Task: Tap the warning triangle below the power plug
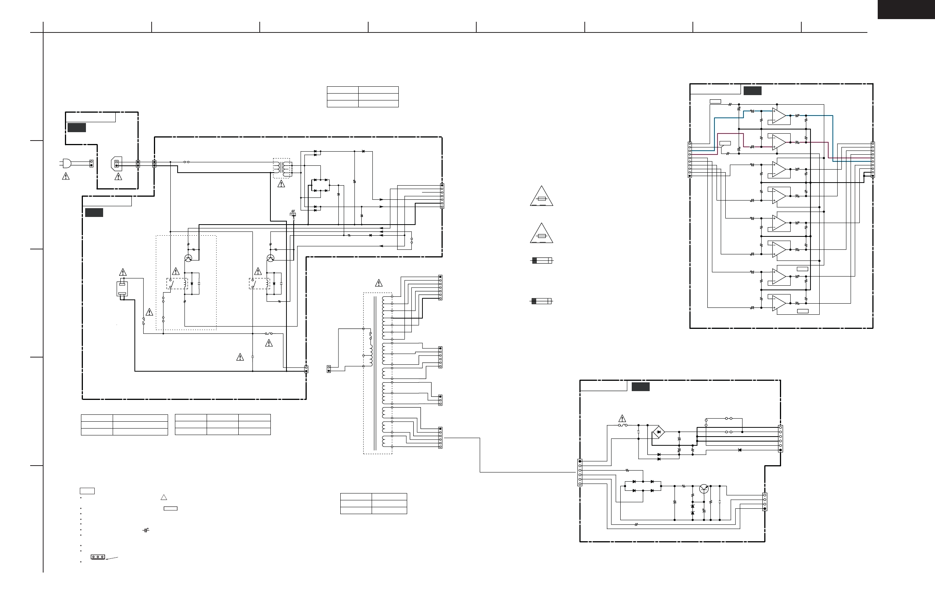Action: pyautogui.click(x=66, y=177)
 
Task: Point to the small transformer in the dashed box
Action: pyautogui.click(x=282, y=168)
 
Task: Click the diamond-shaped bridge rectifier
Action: pyautogui.click(x=658, y=432)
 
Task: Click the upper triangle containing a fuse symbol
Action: pyautogui.click(x=541, y=197)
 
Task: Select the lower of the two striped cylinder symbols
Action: pyautogui.click(x=541, y=301)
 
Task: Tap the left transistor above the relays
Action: pyautogui.click(x=188, y=258)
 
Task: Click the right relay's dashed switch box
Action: pyautogui.click(x=259, y=283)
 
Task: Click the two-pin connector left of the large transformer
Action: pyautogui.click(x=329, y=369)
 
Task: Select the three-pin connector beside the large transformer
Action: pyautogui.click(x=440, y=400)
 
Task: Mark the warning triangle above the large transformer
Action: pyautogui.click(x=379, y=283)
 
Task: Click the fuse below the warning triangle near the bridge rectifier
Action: pyautogui.click(x=623, y=425)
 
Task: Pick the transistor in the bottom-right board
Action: pyautogui.click(x=704, y=489)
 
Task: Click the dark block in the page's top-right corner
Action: pyautogui.click(x=906, y=9)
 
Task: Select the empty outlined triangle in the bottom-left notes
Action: pyautogui.click(x=164, y=497)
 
